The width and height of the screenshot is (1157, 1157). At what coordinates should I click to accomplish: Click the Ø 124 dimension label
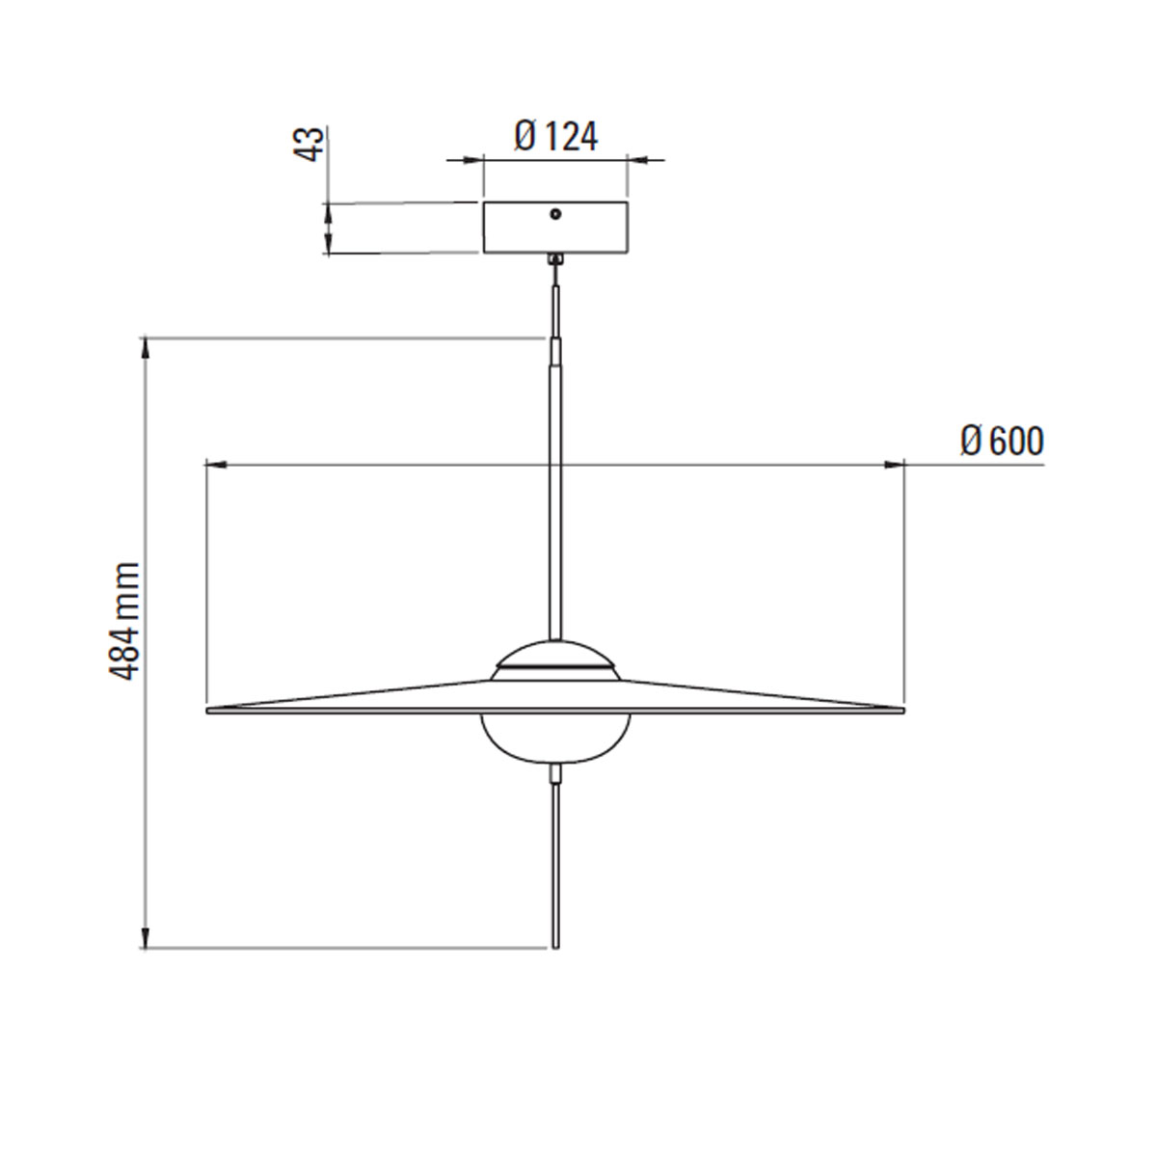[x=556, y=137]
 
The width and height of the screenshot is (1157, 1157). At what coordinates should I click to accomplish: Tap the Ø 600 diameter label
[x=1002, y=442]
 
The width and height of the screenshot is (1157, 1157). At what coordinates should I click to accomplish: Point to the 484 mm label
[x=126, y=622]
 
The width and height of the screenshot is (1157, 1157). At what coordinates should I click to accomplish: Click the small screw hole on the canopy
[x=555, y=214]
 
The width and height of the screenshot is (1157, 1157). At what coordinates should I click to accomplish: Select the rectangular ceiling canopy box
[x=555, y=229]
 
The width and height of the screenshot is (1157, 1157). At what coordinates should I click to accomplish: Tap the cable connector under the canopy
[x=554, y=259]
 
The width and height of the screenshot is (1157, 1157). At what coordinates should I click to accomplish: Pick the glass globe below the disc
[x=555, y=738]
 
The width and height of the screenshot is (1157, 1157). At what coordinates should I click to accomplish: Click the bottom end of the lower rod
[x=555, y=946]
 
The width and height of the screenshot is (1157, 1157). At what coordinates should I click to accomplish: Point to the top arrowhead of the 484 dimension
[x=146, y=346]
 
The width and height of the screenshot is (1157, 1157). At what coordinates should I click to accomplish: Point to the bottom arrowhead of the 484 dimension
[x=146, y=938]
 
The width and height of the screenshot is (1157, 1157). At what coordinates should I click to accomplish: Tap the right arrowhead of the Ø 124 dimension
[x=639, y=161]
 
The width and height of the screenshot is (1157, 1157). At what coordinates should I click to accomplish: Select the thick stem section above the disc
[x=555, y=501]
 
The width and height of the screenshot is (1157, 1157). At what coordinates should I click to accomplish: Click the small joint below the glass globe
[x=555, y=773]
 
